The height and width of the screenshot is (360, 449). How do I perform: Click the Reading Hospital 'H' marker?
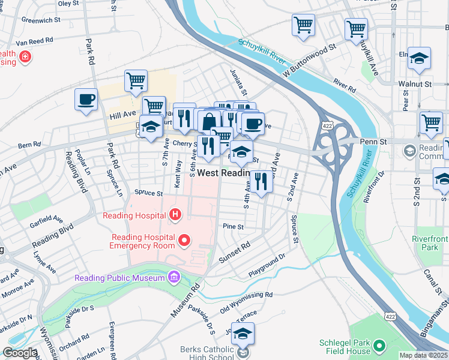[x=175, y=214]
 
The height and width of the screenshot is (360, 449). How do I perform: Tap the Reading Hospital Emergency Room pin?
[x=185, y=241]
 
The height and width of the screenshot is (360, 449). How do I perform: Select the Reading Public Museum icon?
[x=174, y=277]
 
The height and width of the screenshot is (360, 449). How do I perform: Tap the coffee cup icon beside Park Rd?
[x=86, y=100]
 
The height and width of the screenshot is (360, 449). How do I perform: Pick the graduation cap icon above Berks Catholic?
[x=243, y=334]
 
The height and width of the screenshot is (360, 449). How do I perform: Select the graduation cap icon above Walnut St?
[x=419, y=58]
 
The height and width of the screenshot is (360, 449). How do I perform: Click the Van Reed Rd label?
[x=34, y=41]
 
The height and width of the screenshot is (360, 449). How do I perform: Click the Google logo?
[x=20, y=352]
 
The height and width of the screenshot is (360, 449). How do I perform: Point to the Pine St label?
[x=233, y=227]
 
